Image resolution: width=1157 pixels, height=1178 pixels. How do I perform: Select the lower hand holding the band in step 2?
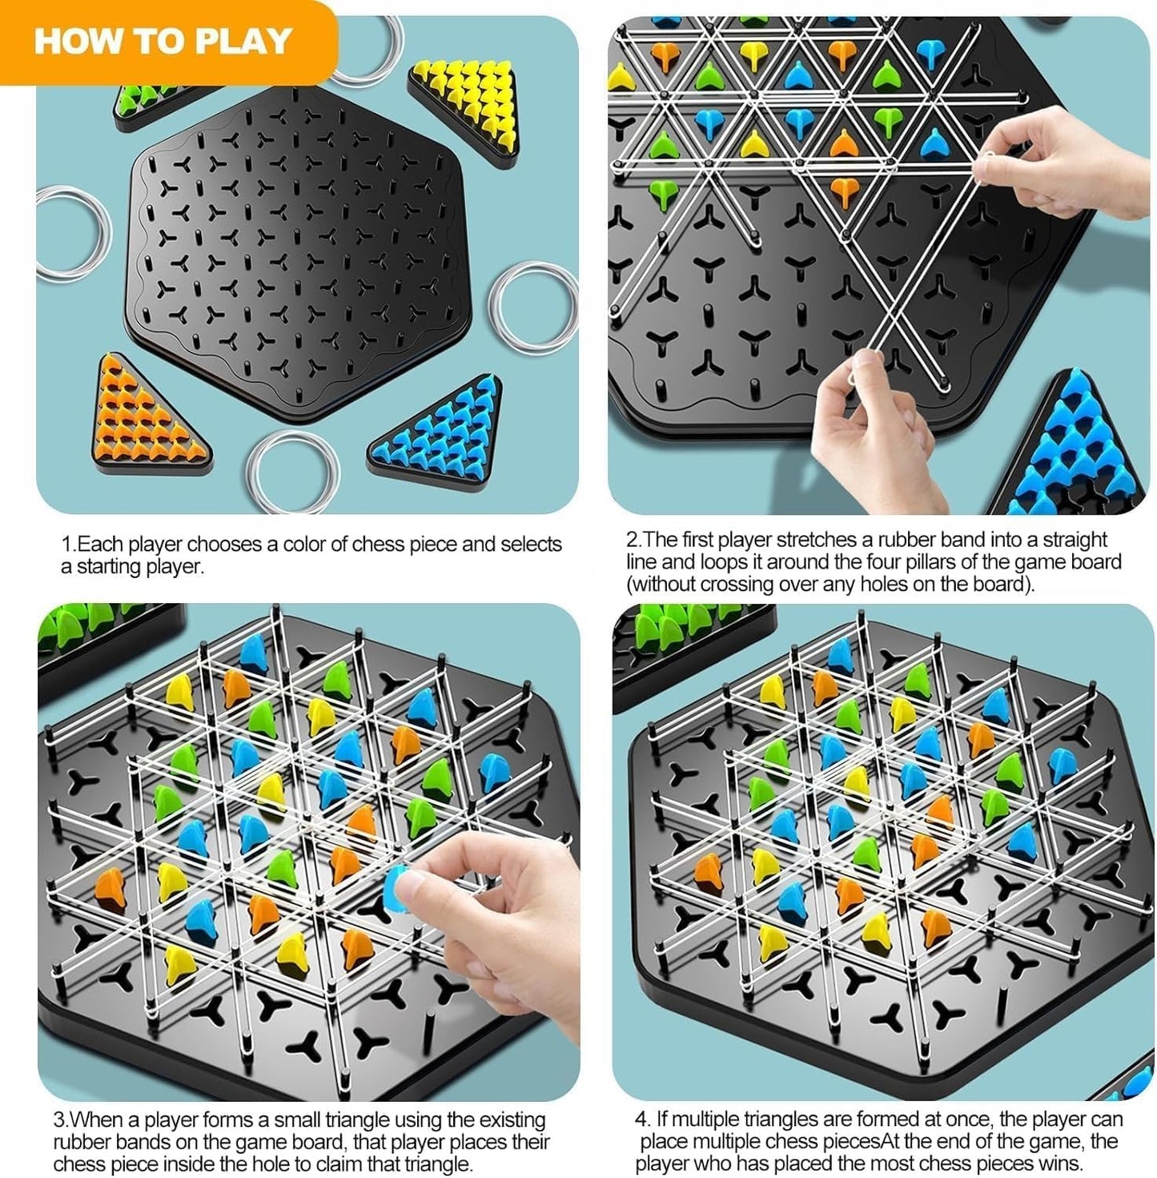coord(873,432)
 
